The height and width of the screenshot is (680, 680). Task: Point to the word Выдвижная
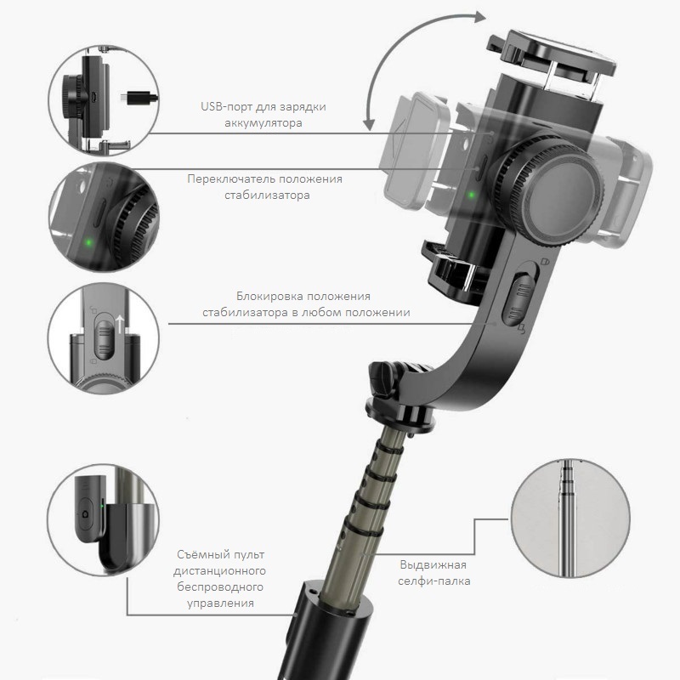tap(433, 565)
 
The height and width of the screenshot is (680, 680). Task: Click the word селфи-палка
tap(434, 582)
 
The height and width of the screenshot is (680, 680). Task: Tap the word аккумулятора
tap(252, 123)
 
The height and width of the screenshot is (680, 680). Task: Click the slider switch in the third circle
tap(104, 335)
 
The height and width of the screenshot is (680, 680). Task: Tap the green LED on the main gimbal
tap(469, 194)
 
